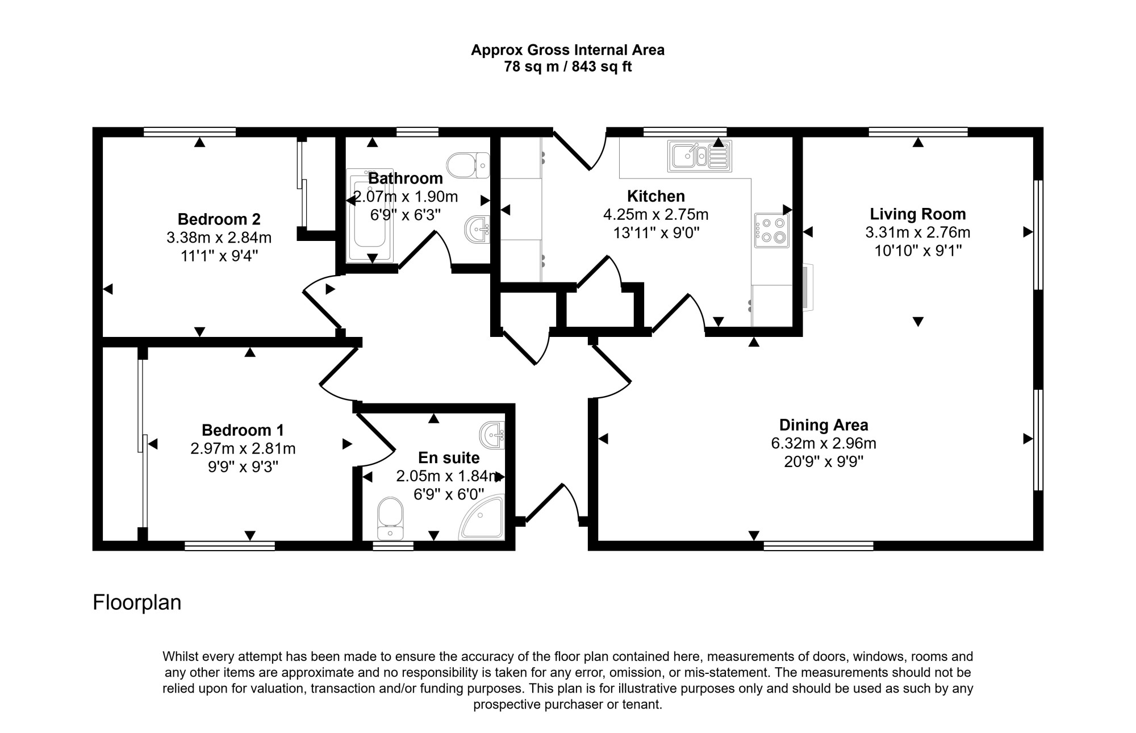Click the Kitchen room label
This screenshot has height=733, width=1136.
pos(655,196)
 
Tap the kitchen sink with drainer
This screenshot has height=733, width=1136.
pos(700,156)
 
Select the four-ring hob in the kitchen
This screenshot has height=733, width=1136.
pos(772,230)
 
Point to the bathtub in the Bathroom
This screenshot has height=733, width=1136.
pos(370,215)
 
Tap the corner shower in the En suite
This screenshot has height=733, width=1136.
pos(482,517)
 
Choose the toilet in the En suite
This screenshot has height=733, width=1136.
pos(390,519)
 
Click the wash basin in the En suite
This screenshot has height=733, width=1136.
pos(492,436)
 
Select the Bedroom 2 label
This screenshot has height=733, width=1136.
pos(219,219)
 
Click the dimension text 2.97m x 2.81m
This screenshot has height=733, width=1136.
pos(243,448)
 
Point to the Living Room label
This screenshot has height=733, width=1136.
pos(918,214)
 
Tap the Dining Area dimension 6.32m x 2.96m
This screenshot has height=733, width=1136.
pos(824,443)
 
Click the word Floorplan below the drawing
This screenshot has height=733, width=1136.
pos(137,602)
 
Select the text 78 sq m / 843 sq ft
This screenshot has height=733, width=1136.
pos(568,67)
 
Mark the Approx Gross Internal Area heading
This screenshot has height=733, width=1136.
pos(568,50)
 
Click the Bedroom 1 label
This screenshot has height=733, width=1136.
pos(243,430)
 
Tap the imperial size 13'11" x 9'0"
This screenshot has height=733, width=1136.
pos(656,232)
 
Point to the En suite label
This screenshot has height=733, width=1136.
pos(449,458)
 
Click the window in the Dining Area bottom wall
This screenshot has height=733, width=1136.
pos(818,546)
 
